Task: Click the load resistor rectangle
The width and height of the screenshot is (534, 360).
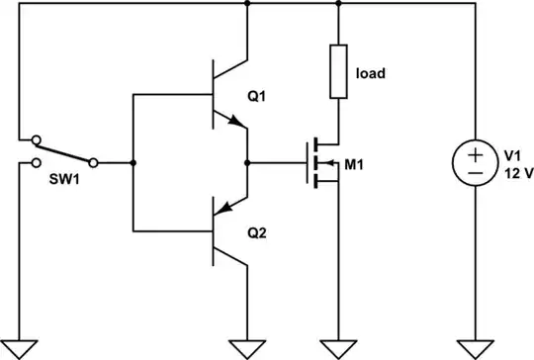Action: click(x=339, y=72)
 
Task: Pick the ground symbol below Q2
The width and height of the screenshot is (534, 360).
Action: click(x=245, y=347)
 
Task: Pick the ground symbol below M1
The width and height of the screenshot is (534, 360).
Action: click(x=339, y=347)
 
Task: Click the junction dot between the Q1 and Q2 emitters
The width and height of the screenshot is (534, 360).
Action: click(x=245, y=162)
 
